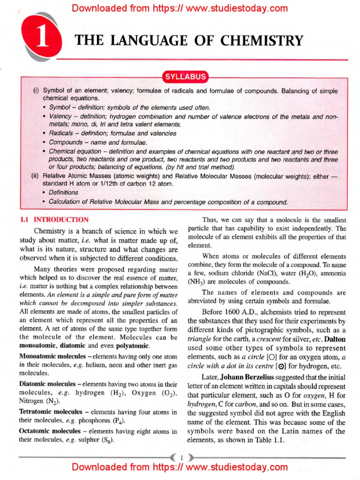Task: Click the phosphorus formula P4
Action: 119,422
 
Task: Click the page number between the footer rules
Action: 180,455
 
